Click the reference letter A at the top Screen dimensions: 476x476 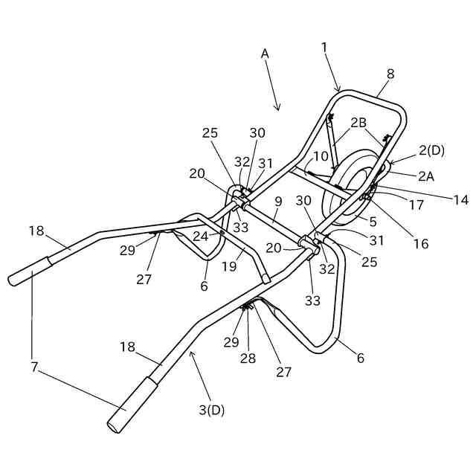pos(265,54)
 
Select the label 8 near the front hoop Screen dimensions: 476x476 pos(390,74)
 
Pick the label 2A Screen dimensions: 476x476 pos(425,176)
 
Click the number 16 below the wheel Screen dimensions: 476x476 pos(420,243)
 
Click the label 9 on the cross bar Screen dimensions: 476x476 pos(278,201)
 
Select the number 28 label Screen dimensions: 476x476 pos(247,358)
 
